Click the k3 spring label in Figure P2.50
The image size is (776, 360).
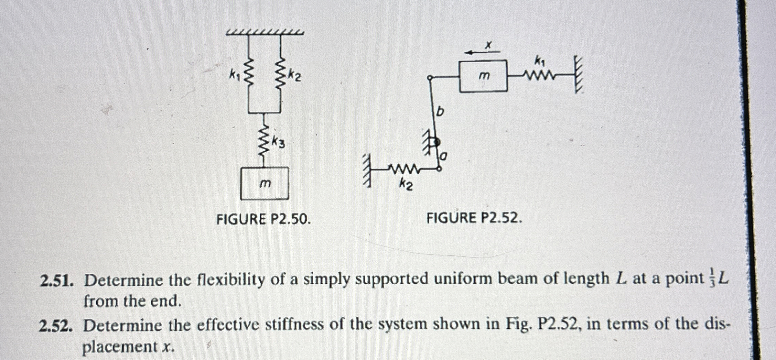point(279,142)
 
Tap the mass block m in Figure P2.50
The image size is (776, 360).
point(265,183)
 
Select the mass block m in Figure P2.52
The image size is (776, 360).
point(483,76)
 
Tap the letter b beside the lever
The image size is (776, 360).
point(440,112)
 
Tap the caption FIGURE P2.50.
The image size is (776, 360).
point(263,219)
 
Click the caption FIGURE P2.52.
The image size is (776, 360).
point(474,218)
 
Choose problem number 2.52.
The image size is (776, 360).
point(56,325)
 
